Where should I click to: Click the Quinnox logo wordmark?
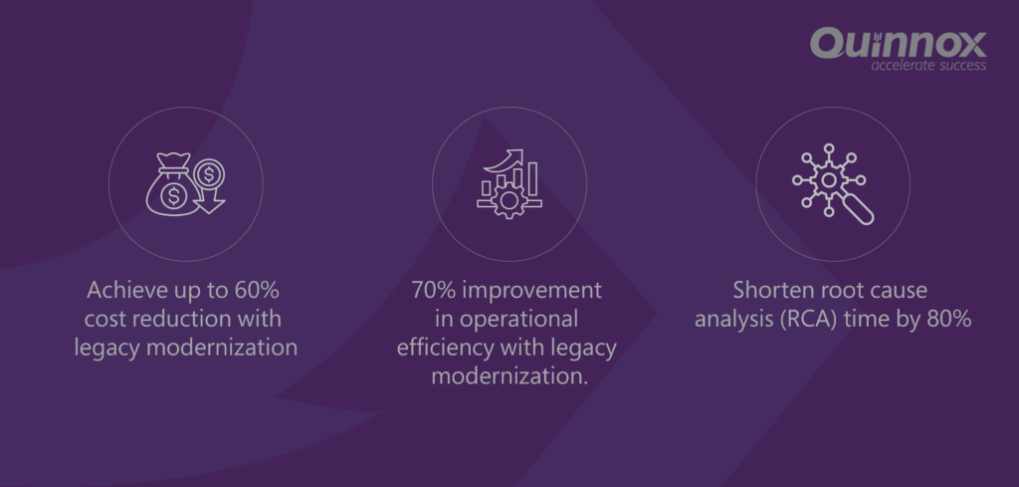[899, 43]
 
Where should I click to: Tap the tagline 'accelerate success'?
[928, 66]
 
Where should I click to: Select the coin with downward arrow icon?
[209, 186]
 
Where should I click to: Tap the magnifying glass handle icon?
[858, 209]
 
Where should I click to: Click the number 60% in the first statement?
[257, 290]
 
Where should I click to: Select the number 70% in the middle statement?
[434, 290]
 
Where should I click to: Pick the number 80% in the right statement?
[948, 319]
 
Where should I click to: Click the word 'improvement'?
[531, 291]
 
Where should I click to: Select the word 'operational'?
[518, 320]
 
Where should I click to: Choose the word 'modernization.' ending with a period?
[509, 375]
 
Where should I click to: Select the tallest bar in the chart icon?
[533, 179]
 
